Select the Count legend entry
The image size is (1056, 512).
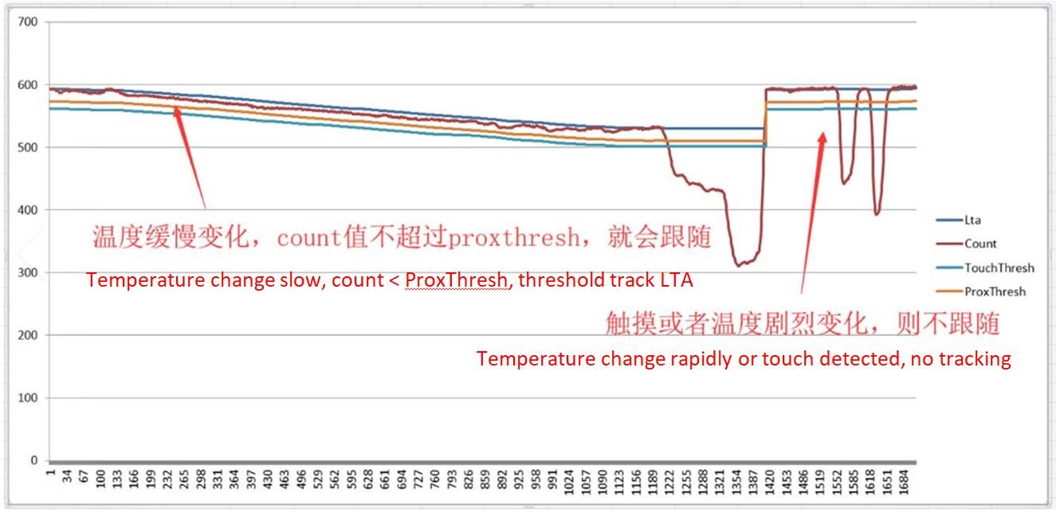(979, 244)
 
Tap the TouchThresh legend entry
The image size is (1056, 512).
(999, 268)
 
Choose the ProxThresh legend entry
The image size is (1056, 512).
(995, 292)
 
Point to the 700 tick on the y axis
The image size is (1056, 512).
(28, 22)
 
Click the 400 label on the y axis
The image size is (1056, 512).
(28, 210)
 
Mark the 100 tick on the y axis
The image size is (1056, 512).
(28, 398)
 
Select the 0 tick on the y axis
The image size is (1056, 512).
(33, 461)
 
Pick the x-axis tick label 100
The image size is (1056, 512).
(100, 486)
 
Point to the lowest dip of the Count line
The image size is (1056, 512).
(739, 264)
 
